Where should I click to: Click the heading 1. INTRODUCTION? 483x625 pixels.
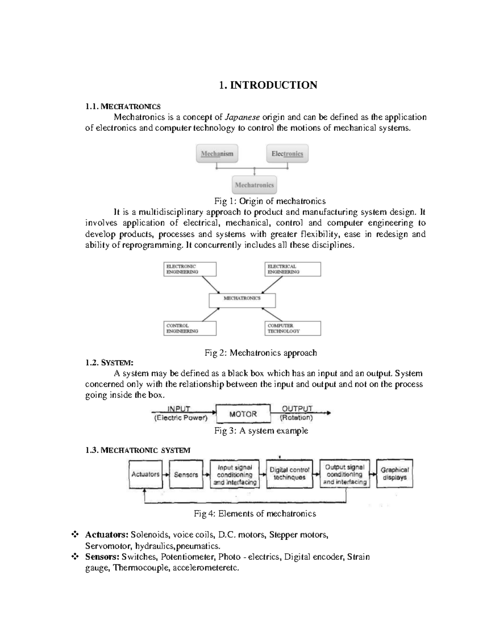(268, 85)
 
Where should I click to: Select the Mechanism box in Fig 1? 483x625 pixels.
(217, 154)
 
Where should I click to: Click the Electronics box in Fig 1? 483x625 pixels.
(287, 154)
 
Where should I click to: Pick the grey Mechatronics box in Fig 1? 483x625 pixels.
(254, 185)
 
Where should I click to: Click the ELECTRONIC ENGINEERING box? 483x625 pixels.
(190, 269)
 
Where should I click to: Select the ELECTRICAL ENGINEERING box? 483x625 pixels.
(293, 269)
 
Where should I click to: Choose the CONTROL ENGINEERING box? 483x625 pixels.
(190, 328)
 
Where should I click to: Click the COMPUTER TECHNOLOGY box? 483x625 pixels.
(293, 328)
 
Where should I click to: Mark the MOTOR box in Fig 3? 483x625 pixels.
(243, 414)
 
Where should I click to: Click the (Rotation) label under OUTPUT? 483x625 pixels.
(296, 418)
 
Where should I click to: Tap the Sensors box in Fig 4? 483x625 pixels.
(186, 474)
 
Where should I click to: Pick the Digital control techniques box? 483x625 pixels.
(289, 474)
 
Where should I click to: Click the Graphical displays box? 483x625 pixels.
(394, 473)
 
